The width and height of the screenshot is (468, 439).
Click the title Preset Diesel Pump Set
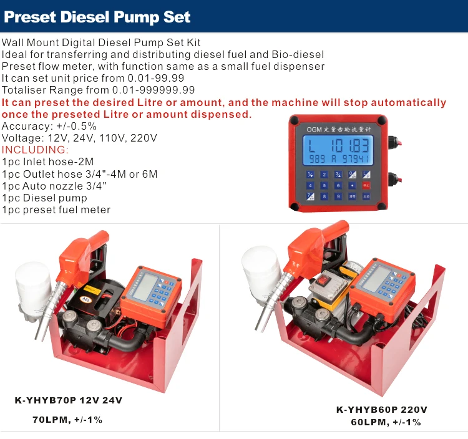(97, 17)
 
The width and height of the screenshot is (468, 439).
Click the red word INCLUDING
(35, 150)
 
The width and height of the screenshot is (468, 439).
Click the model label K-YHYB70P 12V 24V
(68, 400)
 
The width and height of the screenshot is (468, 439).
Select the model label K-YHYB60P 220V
(381, 410)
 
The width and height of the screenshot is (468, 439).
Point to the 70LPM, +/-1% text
(67, 420)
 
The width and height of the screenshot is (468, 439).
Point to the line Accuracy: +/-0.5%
(49, 126)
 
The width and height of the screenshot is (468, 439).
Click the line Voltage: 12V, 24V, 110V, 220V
(79, 138)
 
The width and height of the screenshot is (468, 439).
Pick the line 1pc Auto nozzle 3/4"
(54, 186)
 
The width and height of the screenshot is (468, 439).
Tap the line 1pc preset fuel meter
(56, 210)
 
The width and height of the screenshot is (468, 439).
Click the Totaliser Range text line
(98, 90)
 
